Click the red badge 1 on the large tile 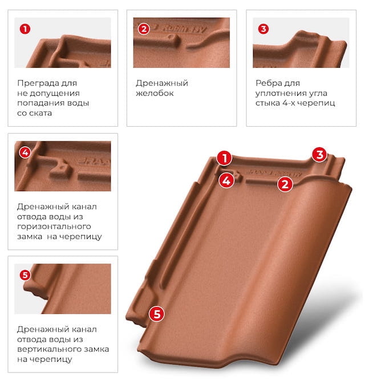coord(224,158)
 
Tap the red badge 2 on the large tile coord(285,184)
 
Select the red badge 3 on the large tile coord(319,155)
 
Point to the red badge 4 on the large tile coord(226,180)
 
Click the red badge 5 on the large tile coord(157,314)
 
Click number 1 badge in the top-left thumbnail coord(25,29)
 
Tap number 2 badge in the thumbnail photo coord(144,29)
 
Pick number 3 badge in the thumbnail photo coord(263,29)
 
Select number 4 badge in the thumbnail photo coord(25,152)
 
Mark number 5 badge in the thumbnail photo coord(25,275)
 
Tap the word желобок coord(155,93)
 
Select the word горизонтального coord(54,227)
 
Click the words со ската coord(35,113)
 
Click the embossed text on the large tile coord(274,173)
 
